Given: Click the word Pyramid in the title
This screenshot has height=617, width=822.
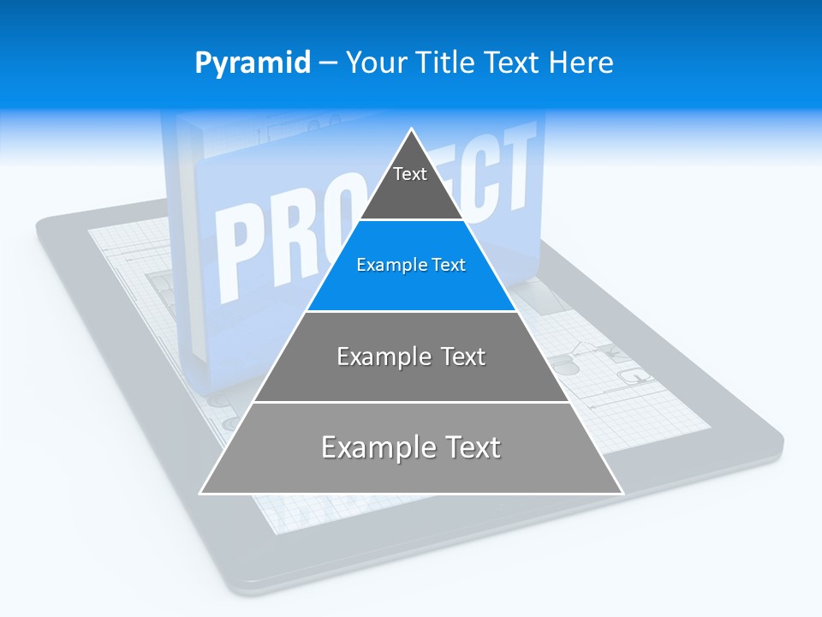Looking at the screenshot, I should (253, 63).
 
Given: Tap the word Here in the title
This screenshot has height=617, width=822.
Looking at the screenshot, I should (581, 63).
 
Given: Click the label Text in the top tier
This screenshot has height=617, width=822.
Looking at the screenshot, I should (410, 174).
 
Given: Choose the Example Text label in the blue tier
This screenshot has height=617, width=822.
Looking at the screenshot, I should (411, 265).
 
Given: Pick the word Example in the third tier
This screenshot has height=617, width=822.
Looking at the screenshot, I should (378, 356).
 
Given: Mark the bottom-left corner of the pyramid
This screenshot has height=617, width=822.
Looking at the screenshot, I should (201, 493).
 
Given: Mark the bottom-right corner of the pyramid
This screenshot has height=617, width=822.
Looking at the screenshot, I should (622, 493).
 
